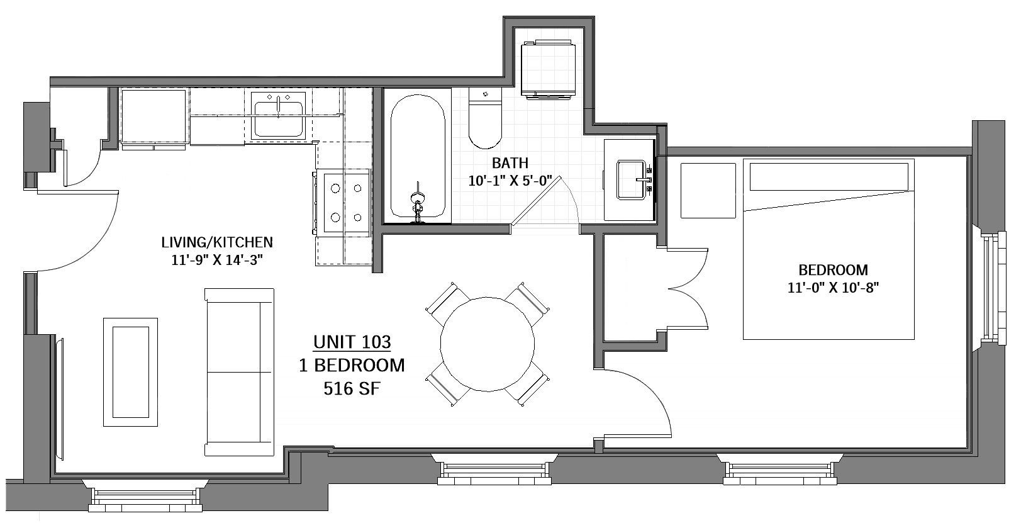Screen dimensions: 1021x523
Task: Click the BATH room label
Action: (x=510, y=163)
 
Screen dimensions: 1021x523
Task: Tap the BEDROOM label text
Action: (x=833, y=270)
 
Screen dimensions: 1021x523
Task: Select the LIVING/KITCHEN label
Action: (x=217, y=242)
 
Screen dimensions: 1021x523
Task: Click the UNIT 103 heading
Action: (x=352, y=342)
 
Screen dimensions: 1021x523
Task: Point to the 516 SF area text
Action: (x=352, y=388)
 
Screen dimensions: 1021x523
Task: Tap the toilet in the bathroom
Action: (x=485, y=118)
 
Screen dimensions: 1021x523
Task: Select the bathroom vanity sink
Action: (x=632, y=179)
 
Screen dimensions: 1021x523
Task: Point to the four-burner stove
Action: (x=347, y=203)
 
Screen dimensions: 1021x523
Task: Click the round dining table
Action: (x=488, y=344)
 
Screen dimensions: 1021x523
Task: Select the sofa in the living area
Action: (x=239, y=372)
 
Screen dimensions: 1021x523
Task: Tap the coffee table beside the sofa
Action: (x=130, y=372)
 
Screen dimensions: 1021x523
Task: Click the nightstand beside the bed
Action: (x=708, y=191)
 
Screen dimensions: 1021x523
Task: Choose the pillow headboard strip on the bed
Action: (x=829, y=176)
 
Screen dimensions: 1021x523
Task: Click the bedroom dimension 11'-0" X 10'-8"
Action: (x=833, y=288)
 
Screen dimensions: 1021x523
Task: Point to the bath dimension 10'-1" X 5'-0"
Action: (x=510, y=181)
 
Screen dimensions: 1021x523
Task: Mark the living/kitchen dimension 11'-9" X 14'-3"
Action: (x=217, y=261)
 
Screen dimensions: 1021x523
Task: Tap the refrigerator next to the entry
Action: (x=153, y=118)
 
